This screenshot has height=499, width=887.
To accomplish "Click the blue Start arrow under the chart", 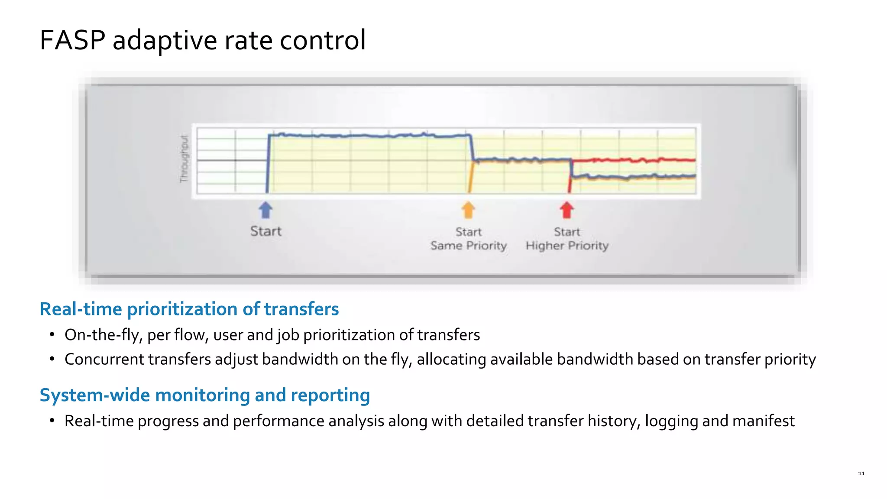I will [x=265, y=210].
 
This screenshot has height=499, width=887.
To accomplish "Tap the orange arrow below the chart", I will [x=468, y=210].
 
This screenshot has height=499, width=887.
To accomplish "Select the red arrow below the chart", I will [x=567, y=210].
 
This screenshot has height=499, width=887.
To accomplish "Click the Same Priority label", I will [x=468, y=246].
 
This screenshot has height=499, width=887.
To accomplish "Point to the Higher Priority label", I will [x=567, y=246].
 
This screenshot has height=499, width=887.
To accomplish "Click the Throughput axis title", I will [x=185, y=159].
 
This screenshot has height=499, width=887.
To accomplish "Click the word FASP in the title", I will [x=72, y=40].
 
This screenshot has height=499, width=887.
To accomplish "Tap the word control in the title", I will [x=323, y=40].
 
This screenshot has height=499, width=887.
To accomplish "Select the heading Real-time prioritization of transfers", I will [x=189, y=309].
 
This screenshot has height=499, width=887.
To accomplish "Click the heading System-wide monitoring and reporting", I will [x=204, y=395].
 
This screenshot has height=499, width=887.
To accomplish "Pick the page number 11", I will [x=861, y=473].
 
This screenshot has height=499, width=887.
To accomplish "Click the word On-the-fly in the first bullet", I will [x=103, y=335].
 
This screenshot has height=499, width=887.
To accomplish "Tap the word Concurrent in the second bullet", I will [x=104, y=360].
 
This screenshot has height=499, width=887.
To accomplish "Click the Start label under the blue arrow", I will [x=265, y=231].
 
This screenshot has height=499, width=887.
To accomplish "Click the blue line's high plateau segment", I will [x=368, y=136].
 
